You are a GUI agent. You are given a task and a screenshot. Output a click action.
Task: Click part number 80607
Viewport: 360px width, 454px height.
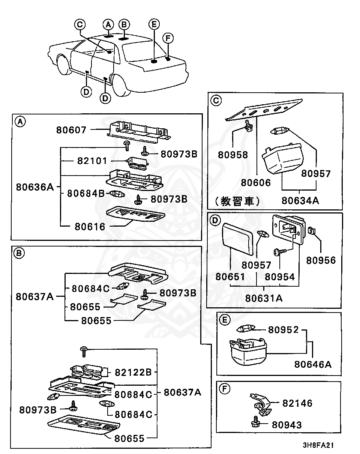[x=71, y=130]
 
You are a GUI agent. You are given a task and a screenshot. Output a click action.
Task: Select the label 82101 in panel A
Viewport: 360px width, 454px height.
[x=92, y=161]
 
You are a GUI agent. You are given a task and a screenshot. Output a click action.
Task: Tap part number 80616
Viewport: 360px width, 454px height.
[x=90, y=226]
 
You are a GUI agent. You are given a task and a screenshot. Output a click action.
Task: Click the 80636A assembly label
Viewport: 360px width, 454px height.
[x=35, y=187]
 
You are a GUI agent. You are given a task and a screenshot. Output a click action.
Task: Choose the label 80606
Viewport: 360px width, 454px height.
[x=256, y=183]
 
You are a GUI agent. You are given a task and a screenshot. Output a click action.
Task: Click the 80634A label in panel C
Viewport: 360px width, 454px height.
[x=300, y=200]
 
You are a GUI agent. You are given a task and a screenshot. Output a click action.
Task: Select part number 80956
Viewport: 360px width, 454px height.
[x=321, y=260]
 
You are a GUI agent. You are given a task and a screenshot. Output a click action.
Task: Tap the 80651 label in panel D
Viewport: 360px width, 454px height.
[x=230, y=277]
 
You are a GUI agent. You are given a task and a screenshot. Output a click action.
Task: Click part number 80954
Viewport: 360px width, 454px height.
[x=280, y=277]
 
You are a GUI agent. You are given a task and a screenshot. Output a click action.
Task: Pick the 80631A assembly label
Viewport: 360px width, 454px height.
[x=264, y=298]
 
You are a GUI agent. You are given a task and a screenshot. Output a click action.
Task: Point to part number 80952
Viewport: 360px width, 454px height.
[x=283, y=329]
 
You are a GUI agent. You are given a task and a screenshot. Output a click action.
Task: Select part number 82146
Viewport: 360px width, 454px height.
[x=297, y=403]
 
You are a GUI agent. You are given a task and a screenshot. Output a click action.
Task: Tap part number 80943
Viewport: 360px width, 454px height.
[x=286, y=425]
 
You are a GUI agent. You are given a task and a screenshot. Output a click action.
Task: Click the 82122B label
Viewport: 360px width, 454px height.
[x=133, y=372]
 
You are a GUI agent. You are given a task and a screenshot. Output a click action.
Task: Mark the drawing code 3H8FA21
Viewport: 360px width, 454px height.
[x=318, y=445]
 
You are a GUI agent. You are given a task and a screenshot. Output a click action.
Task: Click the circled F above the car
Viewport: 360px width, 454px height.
[x=168, y=38]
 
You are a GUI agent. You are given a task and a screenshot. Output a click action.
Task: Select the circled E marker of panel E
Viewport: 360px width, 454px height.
[x=224, y=320]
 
